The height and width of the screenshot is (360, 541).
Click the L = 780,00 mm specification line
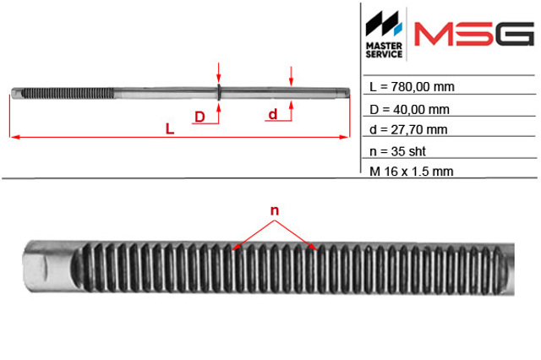[x=412, y=87]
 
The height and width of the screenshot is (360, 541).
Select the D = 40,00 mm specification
[x=409, y=110]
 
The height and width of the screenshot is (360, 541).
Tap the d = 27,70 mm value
[x=408, y=129]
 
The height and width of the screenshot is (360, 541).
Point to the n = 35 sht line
[x=397, y=151]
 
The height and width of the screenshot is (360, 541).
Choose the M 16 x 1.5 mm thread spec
[x=412, y=171]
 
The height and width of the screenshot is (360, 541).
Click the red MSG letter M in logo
[x=434, y=34]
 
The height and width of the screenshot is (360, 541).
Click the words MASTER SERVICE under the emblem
[x=384, y=50]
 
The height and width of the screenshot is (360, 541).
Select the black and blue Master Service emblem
[x=384, y=24]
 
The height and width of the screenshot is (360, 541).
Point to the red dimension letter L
[x=170, y=128]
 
